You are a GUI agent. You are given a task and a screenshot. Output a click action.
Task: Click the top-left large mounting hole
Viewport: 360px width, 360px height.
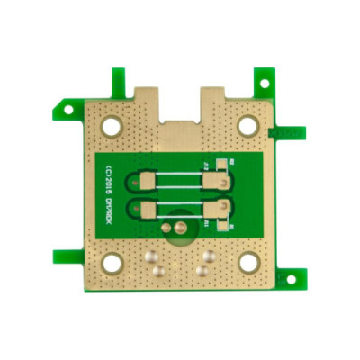111,127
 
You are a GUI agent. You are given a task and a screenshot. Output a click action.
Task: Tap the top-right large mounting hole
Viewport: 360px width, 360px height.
247,125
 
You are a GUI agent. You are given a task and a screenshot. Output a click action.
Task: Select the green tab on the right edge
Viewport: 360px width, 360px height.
288,133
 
